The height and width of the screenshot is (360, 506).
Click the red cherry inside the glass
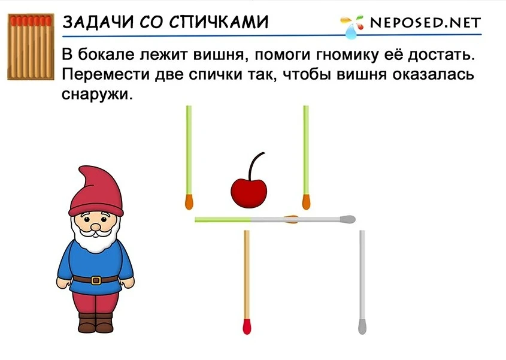click(249, 193)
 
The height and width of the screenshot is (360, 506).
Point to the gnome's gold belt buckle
click(96, 280)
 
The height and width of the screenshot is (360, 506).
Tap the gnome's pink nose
click(96, 227)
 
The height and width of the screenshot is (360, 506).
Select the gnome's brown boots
click(96, 322)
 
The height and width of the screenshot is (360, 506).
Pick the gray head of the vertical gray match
click(362, 326)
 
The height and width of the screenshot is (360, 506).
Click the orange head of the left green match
click(189, 202)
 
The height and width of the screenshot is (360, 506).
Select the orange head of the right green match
click(306, 202)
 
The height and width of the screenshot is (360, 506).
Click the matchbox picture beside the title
click(31, 47)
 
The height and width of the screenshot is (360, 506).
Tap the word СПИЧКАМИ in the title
click(219, 22)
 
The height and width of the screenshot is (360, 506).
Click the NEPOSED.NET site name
click(425, 23)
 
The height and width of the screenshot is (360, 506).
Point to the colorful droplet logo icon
click(352, 26)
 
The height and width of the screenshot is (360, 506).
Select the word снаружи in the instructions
click(97, 94)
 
